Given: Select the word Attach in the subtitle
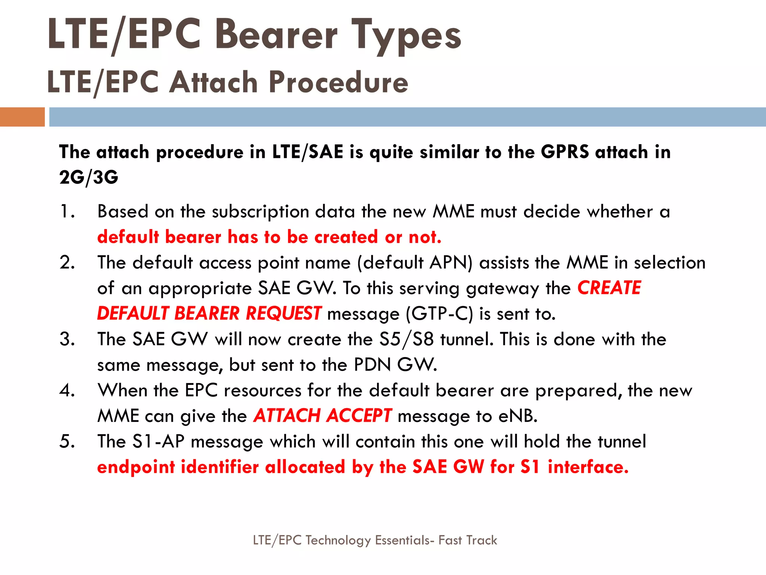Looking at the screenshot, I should pyautogui.click(x=214, y=82).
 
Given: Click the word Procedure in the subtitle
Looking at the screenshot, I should pyautogui.click(x=338, y=82).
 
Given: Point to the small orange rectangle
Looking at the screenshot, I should pyautogui.click(x=22, y=117).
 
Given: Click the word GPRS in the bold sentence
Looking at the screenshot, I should pyautogui.click(x=565, y=152).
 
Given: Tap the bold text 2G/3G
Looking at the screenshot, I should pyautogui.click(x=89, y=177).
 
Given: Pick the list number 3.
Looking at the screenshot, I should pyautogui.click(x=67, y=340).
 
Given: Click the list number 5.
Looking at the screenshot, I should pyautogui.click(x=67, y=442).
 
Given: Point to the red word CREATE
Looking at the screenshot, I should pyautogui.click(x=609, y=288).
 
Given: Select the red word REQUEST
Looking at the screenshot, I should pyautogui.click(x=283, y=314).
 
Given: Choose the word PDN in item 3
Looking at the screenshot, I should pyautogui.click(x=372, y=365).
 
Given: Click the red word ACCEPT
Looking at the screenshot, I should pyautogui.click(x=359, y=416).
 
